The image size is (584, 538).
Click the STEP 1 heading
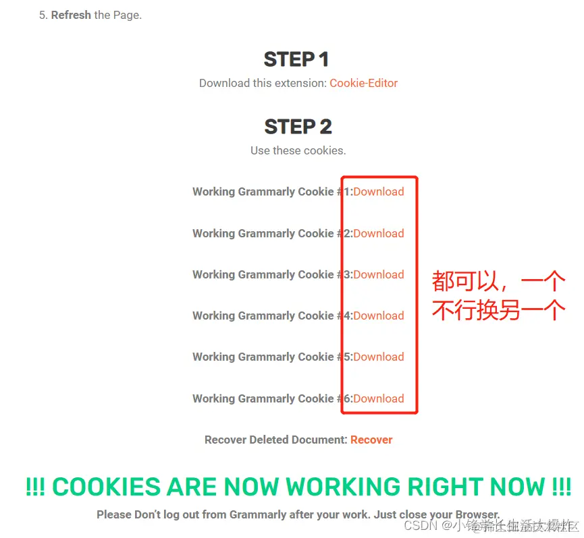[x=296, y=59]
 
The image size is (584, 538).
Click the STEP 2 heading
[x=298, y=127]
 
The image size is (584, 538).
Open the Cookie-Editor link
[x=363, y=84]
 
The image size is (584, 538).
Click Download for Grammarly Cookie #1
[x=378, y=191]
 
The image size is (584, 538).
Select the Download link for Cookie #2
[x=378, y=233]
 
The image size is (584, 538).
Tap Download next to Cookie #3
[x=378, y=274]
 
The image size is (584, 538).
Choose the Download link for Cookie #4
[x=378, y=316]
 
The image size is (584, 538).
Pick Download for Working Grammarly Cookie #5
[x=378, y=357]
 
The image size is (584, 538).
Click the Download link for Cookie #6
[x=378, y=398]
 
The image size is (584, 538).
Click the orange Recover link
[x=371, y=440]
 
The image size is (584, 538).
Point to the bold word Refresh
[x=71, y=15]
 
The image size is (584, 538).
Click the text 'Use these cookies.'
[x=298, y=150]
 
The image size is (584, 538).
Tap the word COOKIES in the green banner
[x=106, y=487]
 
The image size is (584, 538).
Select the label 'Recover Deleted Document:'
[x=275, y=440]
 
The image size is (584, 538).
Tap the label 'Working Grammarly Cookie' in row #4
[x=263, y=316]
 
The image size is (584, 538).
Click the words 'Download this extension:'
[x=263, y=84]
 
